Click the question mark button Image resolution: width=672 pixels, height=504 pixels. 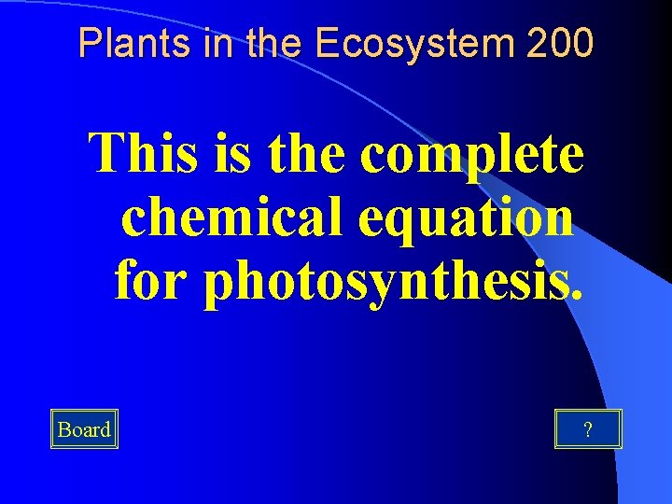coord(587,429)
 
